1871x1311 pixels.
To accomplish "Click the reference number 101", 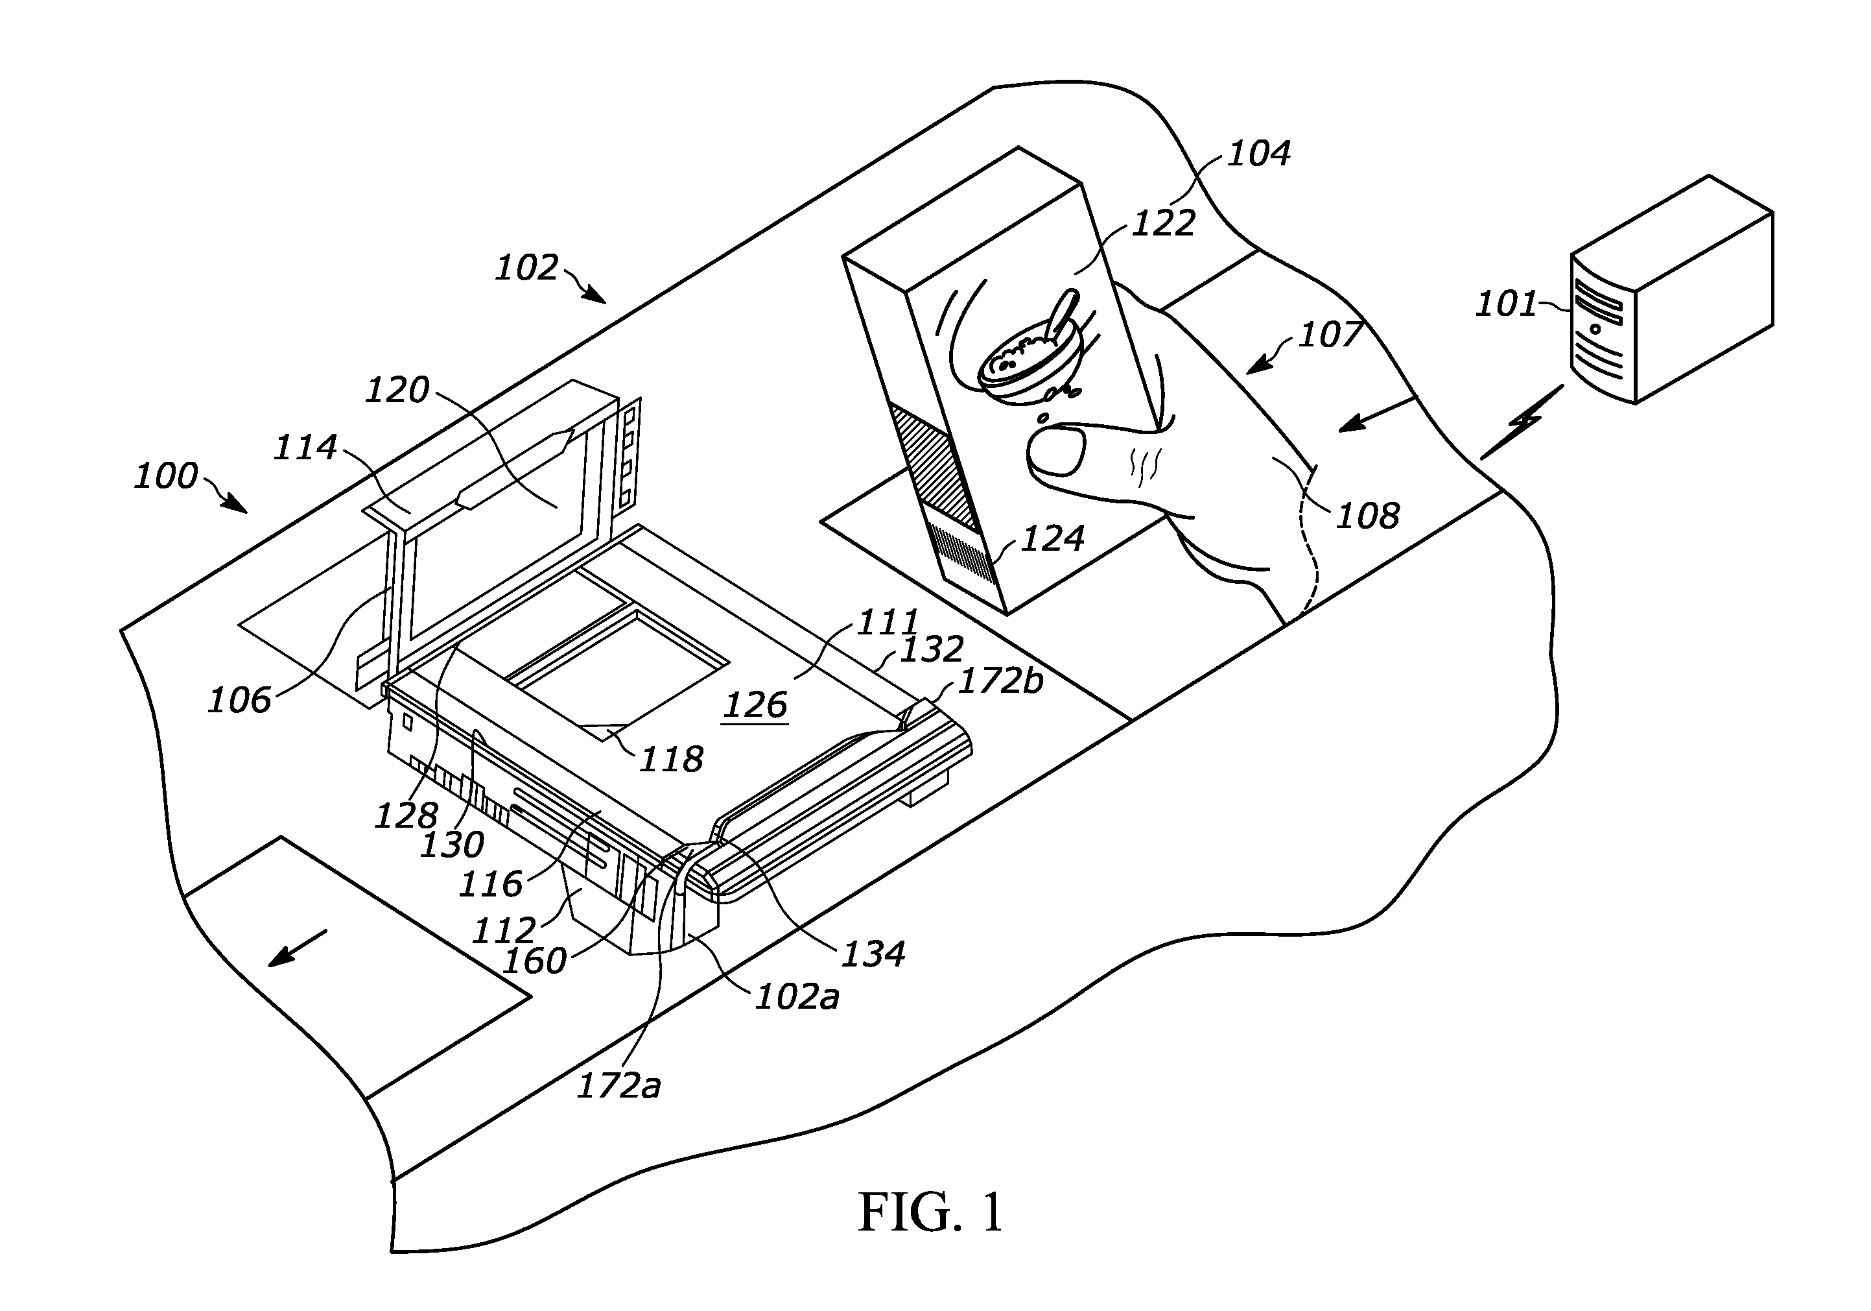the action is click(1506, 304).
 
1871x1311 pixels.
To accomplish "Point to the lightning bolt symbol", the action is click(1522, 422).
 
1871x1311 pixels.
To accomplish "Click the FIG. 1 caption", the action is click(930, 1212).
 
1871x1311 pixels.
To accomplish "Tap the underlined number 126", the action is click(755, 704).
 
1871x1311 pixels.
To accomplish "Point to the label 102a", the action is click(796, 997).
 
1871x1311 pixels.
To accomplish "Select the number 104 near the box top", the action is click(1258, 152).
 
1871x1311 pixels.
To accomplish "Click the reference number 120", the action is click(396, 391).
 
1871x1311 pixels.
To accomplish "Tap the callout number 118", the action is click(670, 759).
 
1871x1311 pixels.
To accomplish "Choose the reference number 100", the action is click(165, 475).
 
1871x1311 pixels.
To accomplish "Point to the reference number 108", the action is click(1367, 515).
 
